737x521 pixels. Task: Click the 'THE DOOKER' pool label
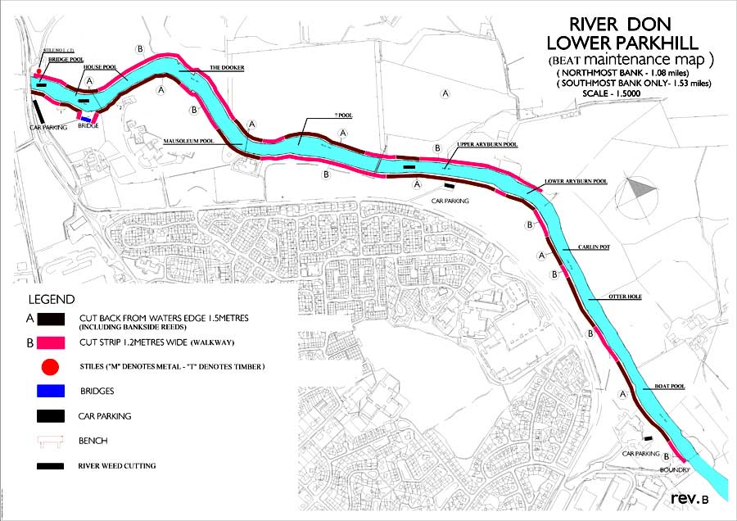(x=225, y=68)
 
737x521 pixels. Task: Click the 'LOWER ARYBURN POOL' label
(x=576, y=181)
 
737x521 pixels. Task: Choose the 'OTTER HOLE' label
(x=625, y=297)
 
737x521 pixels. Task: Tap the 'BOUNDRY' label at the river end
(x=676, y=469)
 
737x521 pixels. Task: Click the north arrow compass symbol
(x=640, y=190)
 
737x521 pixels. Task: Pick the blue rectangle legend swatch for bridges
(x=51, y=391)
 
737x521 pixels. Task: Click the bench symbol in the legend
(x=51, y=442)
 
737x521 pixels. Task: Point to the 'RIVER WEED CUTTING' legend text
(x=117, y=466)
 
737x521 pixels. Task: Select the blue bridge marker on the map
(x=85, y=119)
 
